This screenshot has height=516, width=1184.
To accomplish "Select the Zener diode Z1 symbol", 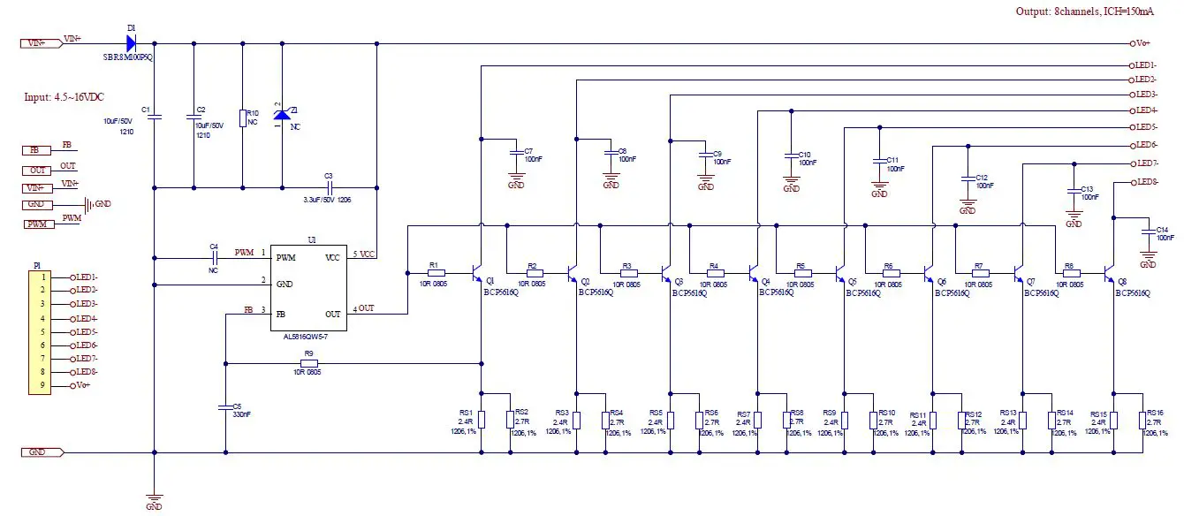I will pyautogui.click(x=282, y=115).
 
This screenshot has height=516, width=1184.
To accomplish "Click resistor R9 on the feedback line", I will pyautogui.click(x=309, y=363).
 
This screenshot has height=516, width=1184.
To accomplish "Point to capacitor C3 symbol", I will pyautogui.click(x=330, y=187).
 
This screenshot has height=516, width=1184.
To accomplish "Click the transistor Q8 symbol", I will pyautogui.click(x=1110, y=275).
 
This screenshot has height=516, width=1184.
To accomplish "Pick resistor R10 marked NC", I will pyautogui.click(x=242, y=118).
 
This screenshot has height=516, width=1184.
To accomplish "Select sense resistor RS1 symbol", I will pyautogui.click(x=482, y=420).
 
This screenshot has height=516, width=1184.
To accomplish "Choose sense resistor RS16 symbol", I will pyautogui.click(x=1142, y=420).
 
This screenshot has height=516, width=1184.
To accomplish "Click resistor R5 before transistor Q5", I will pyautogui.click(x=801, y=274).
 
